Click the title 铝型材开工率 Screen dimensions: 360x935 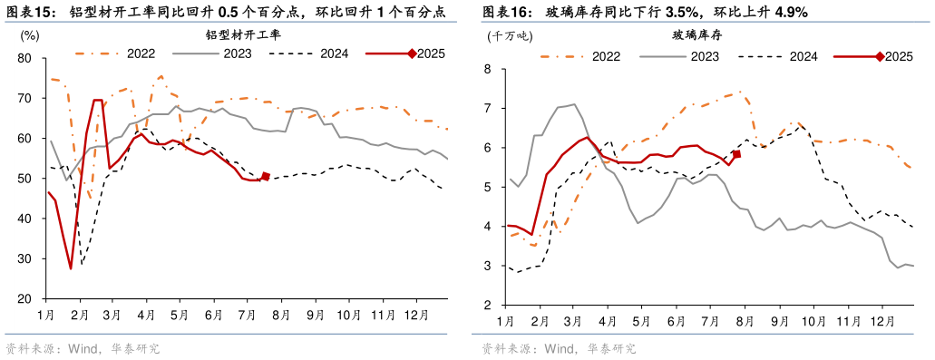point(243,35)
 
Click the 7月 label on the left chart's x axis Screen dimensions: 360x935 point(247,315)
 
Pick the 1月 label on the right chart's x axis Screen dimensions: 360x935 point(505,321)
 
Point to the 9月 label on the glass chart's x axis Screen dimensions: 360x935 point(779,321)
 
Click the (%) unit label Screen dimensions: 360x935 point(29,35)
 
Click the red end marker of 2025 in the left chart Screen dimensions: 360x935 point(266,177)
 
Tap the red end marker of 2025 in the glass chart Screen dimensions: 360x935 point(736,154)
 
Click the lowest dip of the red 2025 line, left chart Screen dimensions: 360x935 point(71,268)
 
